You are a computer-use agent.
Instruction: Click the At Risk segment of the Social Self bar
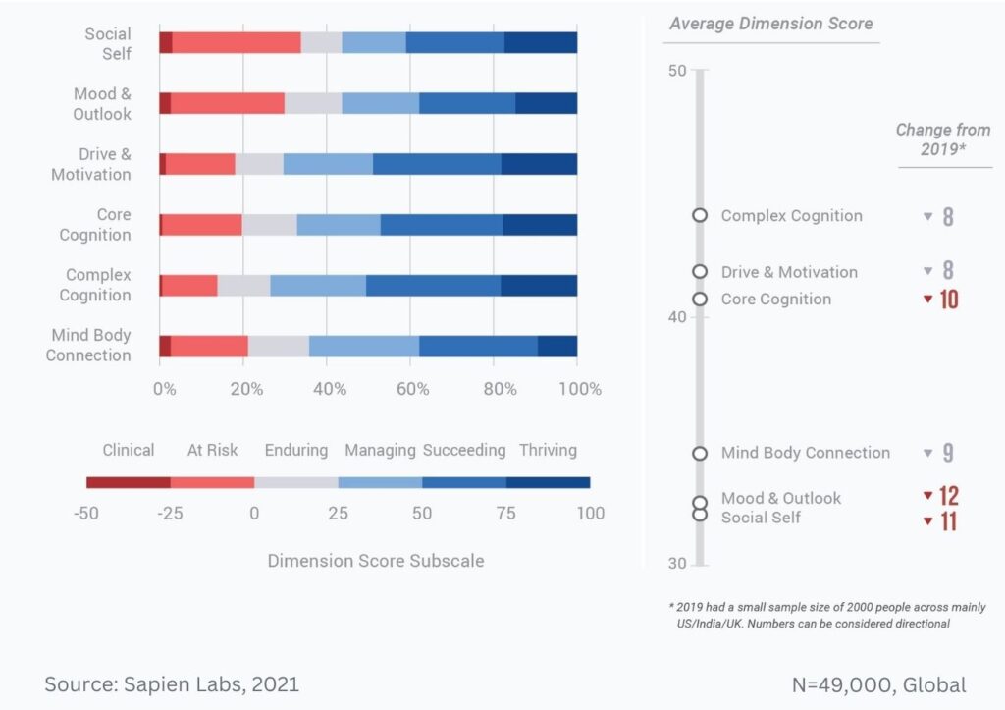click(x=237, y=42)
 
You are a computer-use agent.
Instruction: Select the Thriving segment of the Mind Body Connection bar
click(x=557, y=346)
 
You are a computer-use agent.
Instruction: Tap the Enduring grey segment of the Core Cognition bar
click(x=269, y=224)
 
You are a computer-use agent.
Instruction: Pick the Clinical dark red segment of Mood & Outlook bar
click(x=165, y=103)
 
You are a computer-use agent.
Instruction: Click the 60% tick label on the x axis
click(x=413, y=388)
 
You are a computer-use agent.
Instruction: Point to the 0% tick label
click(x=164, y=388)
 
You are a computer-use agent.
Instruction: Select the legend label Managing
click(x=380, y=450)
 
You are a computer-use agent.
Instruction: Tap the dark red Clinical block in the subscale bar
click(x=129, y=482)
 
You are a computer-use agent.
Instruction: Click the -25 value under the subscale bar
click(x=170, y=513)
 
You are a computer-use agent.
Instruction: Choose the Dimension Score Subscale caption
click(x=376, y=561)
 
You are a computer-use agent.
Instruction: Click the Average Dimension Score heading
click(x=770, y=23)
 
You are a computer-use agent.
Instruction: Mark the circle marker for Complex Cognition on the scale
click(x=700, y=215)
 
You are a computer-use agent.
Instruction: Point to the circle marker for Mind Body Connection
click(x=700, y=453)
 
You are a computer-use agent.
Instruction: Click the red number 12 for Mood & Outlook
click(x=948, y=496)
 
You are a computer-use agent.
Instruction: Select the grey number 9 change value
click(x=948, y=453)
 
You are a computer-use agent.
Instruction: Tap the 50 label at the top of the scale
click(x=676, y=71)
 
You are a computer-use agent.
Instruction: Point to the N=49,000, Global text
click(x=878, y=684)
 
